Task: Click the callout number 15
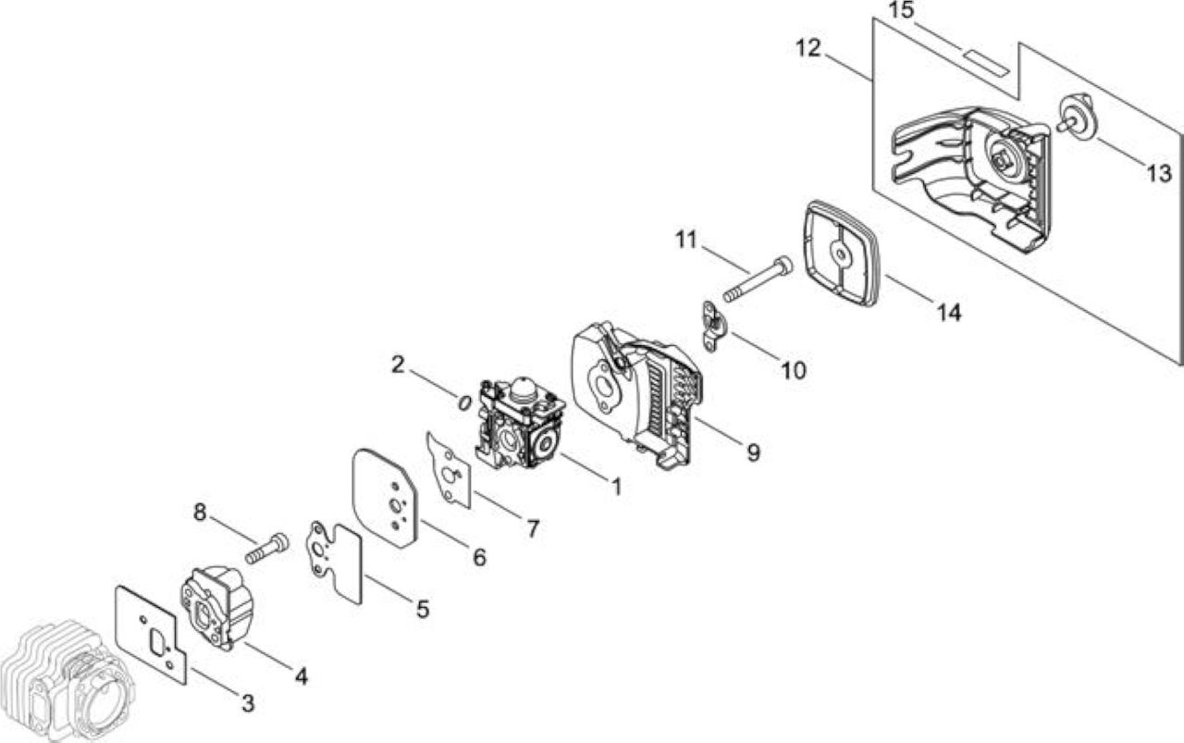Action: (x=901, y=10)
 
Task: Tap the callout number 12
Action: (x=808, y=49)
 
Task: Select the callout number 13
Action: (x=1159, y=173)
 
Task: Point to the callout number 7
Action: (x=533, y=528)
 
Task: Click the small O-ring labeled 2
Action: (x=464, y=403)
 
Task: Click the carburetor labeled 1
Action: (x=521, y=423)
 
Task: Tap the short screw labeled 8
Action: (x=267, y=549)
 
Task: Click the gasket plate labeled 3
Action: (x=152, y=635)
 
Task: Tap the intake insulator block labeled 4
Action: (x=217, y=608)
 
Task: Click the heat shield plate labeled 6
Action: (x=385, y=498)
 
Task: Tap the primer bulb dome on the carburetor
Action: (x=524, y=387)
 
